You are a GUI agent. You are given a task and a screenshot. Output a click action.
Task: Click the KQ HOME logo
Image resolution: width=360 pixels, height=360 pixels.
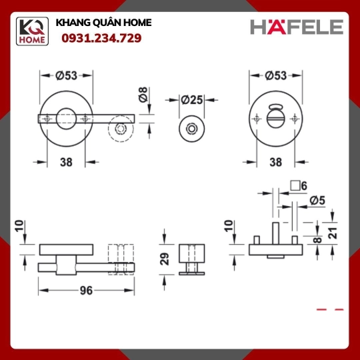[x=32, y=31]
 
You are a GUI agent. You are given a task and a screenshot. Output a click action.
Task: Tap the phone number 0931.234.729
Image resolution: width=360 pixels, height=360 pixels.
[x=101, y=38]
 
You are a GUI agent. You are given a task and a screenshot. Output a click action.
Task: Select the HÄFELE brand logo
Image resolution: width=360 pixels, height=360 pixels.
[x=297, y=27]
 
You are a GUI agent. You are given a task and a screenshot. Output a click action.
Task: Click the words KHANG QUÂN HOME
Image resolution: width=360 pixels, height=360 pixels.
[x=103, y=23]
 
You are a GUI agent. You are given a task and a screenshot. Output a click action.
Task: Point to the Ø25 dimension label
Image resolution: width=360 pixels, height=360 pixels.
[x=192, y=100]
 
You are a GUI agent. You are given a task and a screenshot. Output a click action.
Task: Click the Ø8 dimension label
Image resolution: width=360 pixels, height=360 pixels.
[x=143, y=95]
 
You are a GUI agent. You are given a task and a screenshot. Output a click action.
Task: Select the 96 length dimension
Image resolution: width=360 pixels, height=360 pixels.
[x=86, y=291]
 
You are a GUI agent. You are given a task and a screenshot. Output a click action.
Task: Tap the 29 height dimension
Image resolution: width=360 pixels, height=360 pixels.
[x=165, y=259]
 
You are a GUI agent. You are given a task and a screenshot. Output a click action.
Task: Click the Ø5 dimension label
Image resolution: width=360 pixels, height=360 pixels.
[x=317, y=201]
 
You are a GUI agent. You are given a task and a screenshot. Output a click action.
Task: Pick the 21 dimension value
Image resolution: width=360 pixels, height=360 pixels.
[x=333, y=233]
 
